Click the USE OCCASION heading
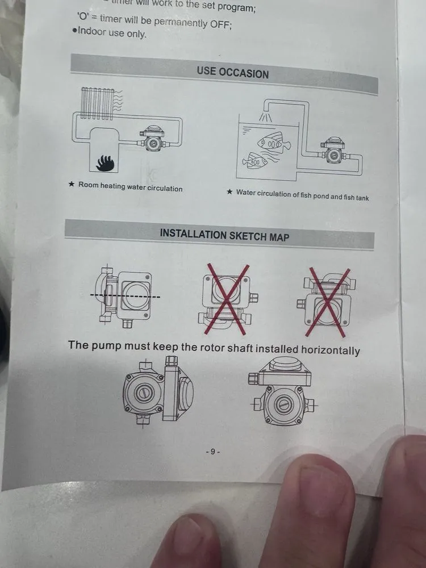click(x=233, y=73)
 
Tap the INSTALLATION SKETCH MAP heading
click(x=224, y=234)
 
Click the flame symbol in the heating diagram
click(x=104, y=162)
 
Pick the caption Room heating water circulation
click(x=130, y=186)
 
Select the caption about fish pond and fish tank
click(x=302, y=195)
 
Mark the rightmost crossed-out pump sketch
click(x=327, y=302)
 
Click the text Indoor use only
click(x=112, y=34)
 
